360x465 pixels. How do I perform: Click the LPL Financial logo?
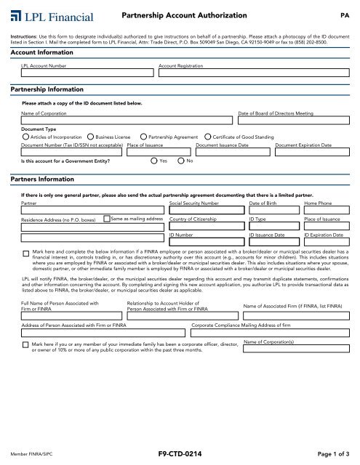click(48, 15)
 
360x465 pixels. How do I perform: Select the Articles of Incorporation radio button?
click(26, 136)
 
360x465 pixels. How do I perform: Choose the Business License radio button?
click(90, 136)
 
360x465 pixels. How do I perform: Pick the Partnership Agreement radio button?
click(143, 136)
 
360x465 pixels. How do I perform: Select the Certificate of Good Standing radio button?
click(209, 136)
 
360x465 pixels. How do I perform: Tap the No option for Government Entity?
click(181, 161)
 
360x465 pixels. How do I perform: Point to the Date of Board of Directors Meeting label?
click(280, 115)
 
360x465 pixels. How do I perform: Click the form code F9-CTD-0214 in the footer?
click(180, 453)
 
